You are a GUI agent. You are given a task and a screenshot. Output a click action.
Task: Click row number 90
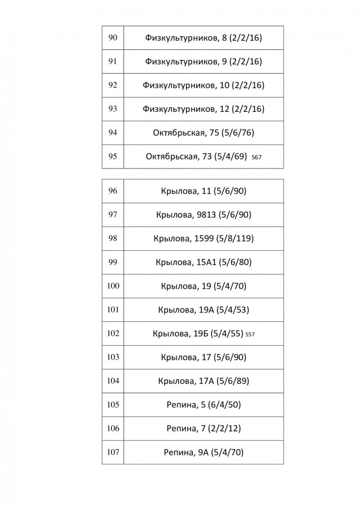coord(112,38)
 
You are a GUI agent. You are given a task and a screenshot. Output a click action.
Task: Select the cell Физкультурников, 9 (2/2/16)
coord(203,61)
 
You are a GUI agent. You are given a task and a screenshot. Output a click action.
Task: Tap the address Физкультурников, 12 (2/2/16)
coord(203,109)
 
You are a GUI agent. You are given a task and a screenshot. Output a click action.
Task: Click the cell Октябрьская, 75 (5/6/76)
coord(203,133)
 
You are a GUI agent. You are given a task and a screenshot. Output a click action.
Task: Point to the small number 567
coord(256,157)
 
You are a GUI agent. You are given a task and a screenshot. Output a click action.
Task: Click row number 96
coord(112,191)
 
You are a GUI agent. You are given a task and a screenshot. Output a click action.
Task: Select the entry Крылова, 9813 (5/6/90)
coord(203,215)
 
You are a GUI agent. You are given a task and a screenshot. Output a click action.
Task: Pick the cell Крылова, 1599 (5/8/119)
coord(203,239)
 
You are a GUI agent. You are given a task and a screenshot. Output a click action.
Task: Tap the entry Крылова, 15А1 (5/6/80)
coord(203,263)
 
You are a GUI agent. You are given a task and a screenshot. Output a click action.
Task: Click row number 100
coord(112,286)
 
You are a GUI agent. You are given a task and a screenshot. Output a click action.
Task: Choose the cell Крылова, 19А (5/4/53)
coord(203,310)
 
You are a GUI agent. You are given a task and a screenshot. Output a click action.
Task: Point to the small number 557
coord(250,335)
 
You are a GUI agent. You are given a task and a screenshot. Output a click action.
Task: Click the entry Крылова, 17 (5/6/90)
coord(203,357)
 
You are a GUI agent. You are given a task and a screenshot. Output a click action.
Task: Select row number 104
coord(112,381)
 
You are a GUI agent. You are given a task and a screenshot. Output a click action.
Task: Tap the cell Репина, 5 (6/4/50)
coord(203,405)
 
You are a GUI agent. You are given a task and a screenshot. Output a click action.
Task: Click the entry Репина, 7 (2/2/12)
coord(203,429)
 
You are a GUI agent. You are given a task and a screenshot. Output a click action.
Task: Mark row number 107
coord(112,452)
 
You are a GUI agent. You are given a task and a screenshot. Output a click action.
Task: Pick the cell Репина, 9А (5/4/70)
coord(203,453)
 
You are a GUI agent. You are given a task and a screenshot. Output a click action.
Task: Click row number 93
coord(112,109)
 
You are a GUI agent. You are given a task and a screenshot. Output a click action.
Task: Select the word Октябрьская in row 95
coord(171,157)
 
